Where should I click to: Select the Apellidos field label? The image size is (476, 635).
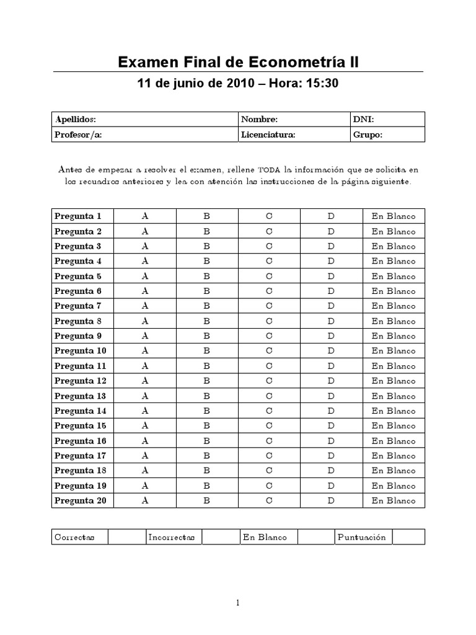click(x=75, y=119)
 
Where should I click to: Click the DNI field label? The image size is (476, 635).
click(x=363, y=119)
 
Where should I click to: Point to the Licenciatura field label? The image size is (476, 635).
click(x=268, y=135)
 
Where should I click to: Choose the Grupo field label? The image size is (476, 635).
click(x=368, y=135)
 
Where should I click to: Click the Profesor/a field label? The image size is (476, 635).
click(x=77, y=135)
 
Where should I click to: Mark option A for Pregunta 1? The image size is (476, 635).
click(x=145, y=216)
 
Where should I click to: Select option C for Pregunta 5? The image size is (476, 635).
click(x=269, y=276)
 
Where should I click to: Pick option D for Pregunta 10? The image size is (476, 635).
click(x=331, y=351)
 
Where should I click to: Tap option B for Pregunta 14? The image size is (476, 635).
click(x=207, y=411)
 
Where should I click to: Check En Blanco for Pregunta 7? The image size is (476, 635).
click(x=394, y=306)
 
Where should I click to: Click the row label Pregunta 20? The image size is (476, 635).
click(x=81, y=500)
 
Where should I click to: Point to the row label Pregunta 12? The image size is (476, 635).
click(x=81, y=381)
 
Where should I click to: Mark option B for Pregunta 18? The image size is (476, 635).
click(x=207, y=471)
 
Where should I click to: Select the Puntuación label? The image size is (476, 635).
click(x=361, y=537)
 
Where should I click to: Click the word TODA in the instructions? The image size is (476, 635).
click(x=269, y=169)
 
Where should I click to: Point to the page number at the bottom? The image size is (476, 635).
click(x=238, y=602)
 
